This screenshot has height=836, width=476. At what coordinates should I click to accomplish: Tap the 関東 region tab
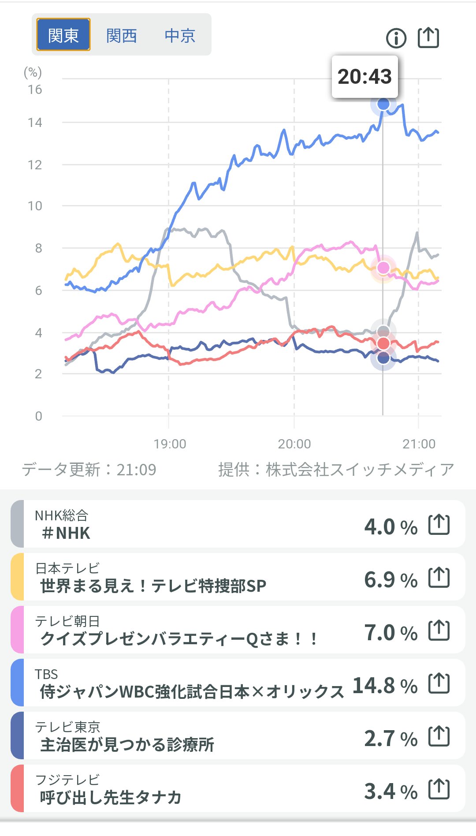[x=63, y=35]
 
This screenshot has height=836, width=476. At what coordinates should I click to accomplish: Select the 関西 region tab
[x=122, y=35]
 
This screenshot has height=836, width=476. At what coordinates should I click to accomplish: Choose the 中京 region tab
[x=180, y=35]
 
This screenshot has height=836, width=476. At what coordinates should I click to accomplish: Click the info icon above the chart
[x=396, y=38]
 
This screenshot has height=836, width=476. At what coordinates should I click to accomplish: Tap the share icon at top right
[x=428, y=37]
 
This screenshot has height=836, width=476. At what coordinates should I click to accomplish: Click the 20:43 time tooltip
[x=364, y=77]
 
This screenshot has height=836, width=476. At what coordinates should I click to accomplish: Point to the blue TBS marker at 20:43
[x=383, y=104]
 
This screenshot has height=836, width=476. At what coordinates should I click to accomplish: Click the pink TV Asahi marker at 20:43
[x=383, y=267]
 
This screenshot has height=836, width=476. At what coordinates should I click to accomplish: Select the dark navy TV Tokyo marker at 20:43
[x=383, y=358]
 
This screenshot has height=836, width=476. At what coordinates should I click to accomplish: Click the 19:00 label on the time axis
[x=170, y=444]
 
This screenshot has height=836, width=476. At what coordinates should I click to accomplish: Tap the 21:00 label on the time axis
[x=419, y=444]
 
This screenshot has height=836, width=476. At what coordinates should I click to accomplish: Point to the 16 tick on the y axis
[x=35, y=90]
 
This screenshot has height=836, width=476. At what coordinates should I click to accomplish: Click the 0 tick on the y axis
[x=38, y=416]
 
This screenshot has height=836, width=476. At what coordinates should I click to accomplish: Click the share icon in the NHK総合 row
[x=439, y=525]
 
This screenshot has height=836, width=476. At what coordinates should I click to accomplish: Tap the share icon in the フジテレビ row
[x=439, y=789]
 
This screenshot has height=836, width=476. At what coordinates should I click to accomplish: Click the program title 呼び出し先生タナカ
[x=111, y=797]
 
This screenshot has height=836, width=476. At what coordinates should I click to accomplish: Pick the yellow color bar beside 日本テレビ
[x=17, y=577]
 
